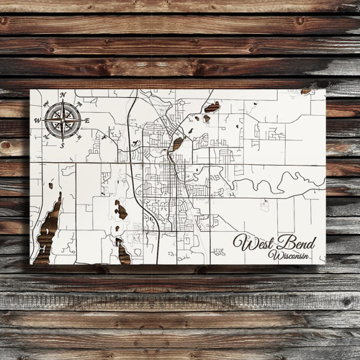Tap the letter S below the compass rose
[62, 145]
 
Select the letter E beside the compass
[87, 120]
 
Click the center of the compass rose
[63, 120]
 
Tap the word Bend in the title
[299, 243]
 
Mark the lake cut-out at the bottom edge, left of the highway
[123, 253]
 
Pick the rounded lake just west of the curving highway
[120, 210]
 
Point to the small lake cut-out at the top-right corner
[306, 91]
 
